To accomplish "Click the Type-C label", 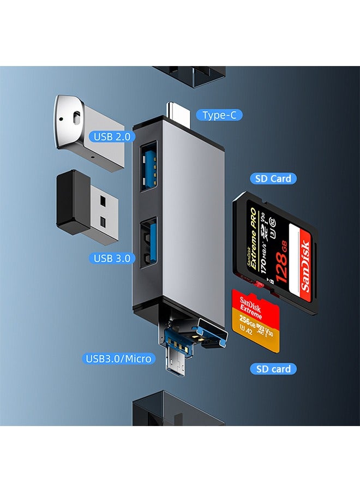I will coord(219,115).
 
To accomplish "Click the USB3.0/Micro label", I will coord(118,358).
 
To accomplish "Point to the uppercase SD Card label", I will coord(273,178).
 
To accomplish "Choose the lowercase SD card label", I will coord(273,369).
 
